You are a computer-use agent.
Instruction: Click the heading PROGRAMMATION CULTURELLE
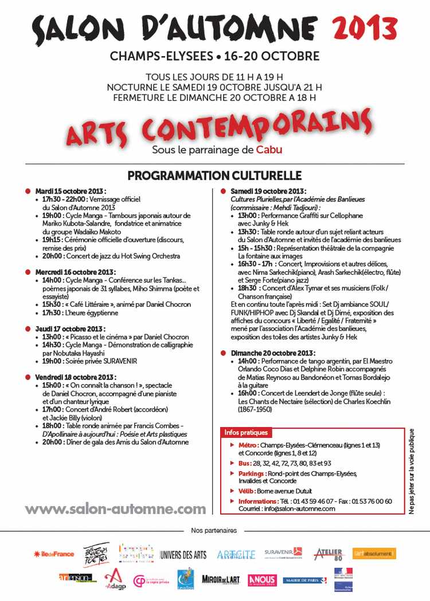(x=214, y=175)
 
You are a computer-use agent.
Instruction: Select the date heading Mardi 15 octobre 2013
(x=71, y=191)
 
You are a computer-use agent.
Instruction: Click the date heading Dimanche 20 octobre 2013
(x=272, y=353)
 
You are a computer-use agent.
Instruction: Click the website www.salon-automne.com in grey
(x=115, y=509)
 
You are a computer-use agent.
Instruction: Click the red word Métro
(x=248, y=445)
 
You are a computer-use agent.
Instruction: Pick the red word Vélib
(x=248, y=491)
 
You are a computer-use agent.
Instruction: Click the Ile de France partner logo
(x=54, y=554)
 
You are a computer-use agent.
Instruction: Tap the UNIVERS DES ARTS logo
(x=183, y=555)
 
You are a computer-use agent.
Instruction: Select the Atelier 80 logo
(x=329, y=553)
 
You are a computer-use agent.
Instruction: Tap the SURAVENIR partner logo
(x=283, y=553)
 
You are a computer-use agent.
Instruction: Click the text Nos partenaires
(x=214, y=531)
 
